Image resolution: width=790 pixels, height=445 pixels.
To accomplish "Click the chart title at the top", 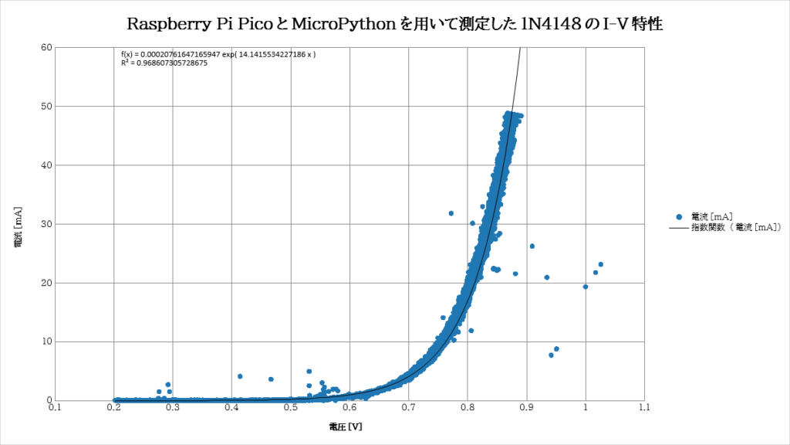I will tap(395, 24).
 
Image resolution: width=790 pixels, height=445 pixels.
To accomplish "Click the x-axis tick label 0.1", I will tap(55, 407).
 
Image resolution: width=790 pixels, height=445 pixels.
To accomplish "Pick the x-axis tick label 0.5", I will tap(291, 407).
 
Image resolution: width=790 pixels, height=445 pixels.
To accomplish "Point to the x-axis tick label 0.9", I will tap(526, 407).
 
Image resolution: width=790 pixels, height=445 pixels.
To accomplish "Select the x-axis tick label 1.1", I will tap(644, 407).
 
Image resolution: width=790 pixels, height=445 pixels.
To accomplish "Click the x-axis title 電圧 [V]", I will tap(345, 426).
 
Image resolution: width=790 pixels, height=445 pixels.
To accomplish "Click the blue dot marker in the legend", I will tap(679, 216).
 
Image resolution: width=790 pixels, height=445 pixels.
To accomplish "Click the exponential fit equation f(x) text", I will tap(218, 54).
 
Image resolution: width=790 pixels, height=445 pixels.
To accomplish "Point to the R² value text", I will tap(164, 63).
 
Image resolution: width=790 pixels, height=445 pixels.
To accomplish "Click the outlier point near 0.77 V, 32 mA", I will tap(451, 213).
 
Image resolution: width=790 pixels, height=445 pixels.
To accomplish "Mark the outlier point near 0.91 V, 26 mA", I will tap(532, 246).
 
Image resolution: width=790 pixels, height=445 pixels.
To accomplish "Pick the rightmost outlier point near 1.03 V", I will tap(600, 264).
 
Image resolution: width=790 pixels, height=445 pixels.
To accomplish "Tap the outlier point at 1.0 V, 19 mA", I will tap(586, 287).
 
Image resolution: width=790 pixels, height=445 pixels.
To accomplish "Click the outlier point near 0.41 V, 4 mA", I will tap(240, 376).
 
